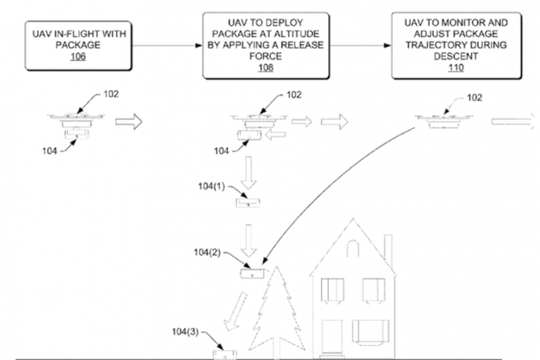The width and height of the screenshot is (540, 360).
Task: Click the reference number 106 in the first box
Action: click(x=78, y=57)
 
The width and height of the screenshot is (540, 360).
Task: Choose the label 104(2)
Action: click(x=211, y=252)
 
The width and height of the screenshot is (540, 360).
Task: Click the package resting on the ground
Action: click(x=225, y=349)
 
